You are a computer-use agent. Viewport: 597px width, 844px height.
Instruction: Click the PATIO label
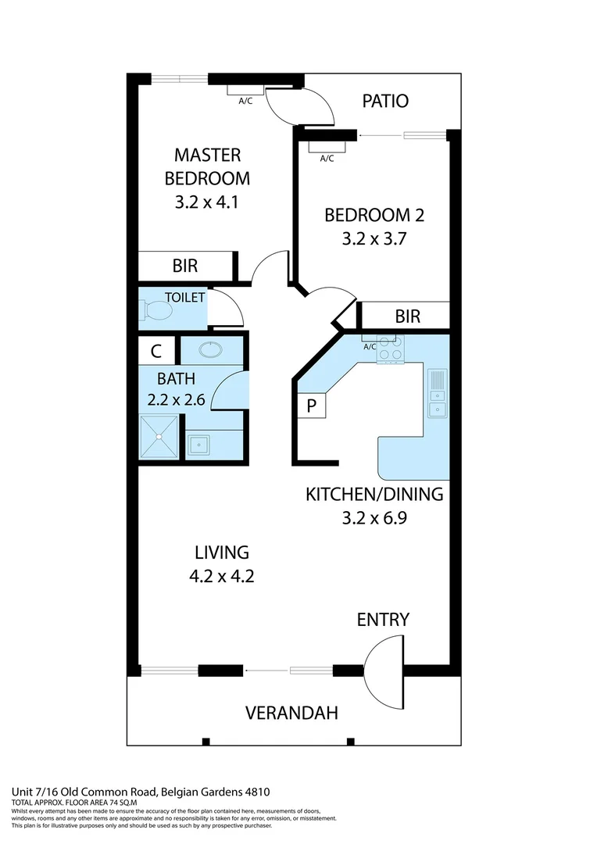pos(385,101)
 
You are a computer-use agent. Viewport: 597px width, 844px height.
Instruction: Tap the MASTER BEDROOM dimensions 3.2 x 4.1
pos(207,202)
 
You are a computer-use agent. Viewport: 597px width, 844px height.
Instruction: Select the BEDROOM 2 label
pos(374,215)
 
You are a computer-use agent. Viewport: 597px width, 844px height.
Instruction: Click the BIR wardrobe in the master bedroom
pos(186,266)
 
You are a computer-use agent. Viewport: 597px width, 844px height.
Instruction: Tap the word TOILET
pos(185,298)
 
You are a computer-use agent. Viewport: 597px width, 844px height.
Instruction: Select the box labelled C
pos(156,350)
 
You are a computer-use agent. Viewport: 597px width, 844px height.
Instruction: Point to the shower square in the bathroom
pos(159,438)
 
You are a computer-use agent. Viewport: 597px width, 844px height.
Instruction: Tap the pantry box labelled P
pos(310,406)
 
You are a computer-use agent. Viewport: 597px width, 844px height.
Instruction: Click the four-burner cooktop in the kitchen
pos(390,349)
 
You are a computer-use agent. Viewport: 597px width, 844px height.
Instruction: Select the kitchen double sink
pos(438,394)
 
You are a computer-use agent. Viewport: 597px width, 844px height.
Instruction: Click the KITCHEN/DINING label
pos(374,494)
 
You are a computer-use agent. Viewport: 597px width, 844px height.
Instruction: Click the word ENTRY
pos(383,620)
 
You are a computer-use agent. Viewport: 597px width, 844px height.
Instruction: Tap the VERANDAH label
pos(291,713)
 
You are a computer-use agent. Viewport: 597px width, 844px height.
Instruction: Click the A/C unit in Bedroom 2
pos(327,146)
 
